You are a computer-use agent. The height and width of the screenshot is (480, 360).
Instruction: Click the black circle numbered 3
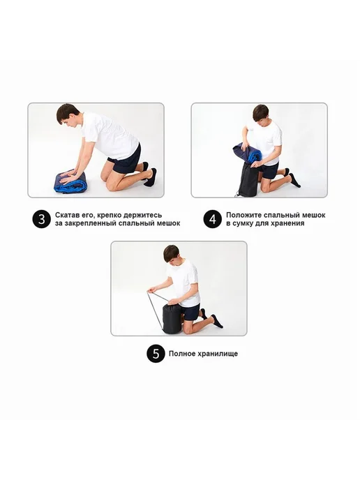coord(41,219)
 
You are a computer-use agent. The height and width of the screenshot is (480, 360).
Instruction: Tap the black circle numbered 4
coord(213,219)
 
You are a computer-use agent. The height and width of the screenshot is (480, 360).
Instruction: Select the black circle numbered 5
coord(156,354)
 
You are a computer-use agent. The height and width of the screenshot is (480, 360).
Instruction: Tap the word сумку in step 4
coord(243,223)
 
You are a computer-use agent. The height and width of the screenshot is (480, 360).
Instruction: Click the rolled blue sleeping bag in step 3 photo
coord(70,183)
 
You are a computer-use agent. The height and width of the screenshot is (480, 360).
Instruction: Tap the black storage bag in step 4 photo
coord(249,180)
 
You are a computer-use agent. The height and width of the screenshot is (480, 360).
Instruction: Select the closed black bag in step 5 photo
coord(173,319)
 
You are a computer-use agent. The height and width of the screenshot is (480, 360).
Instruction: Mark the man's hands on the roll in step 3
coord(71,174)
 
